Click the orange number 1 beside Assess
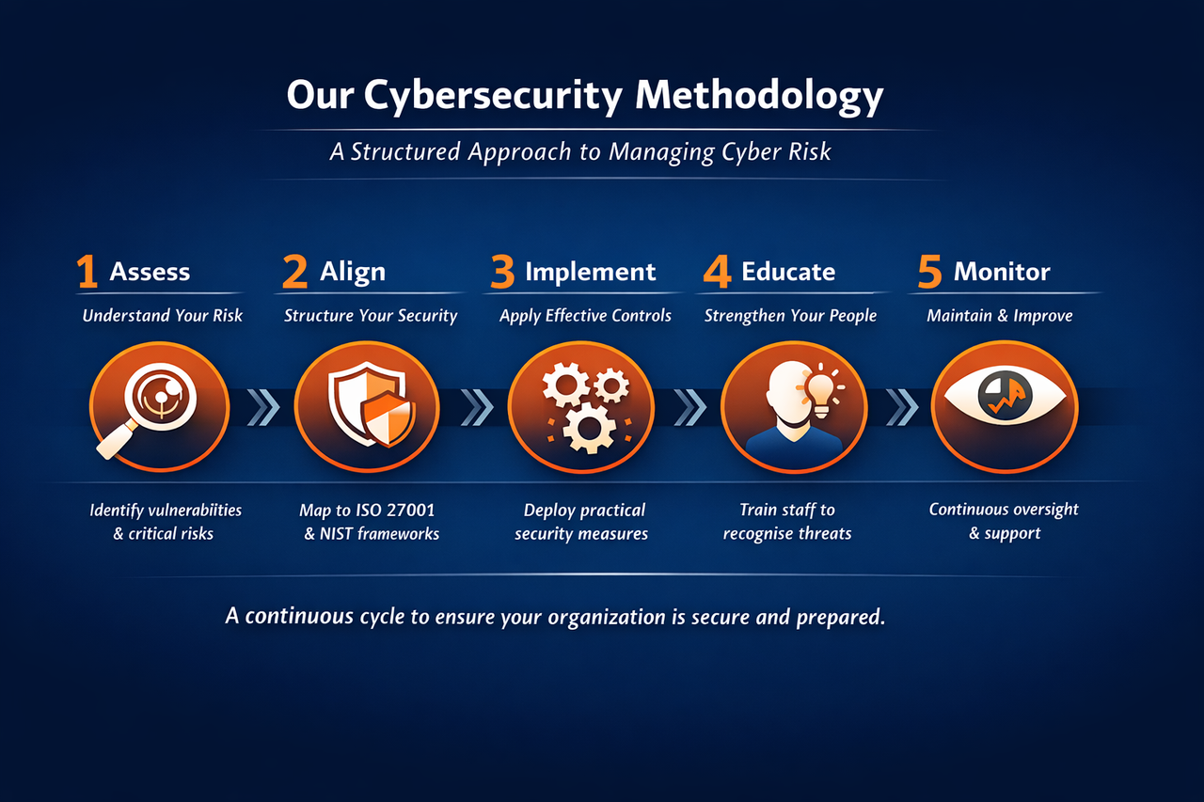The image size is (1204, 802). pyautogui.click(x=87, y=272)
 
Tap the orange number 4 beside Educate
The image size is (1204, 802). pyautogui.click(x=717, y=272)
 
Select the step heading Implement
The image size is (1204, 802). pyautogui.click(x=590, y=272)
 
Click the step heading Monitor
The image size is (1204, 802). pyautogui.click(x=1001, y=272)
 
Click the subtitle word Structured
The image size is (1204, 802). pyautogui.click(x=406, y=151)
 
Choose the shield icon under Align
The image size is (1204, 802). pyautogui.click(x=367, y=406)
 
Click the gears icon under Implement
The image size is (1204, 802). pyautogui.click(x=581, y=407)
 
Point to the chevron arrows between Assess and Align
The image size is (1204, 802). pyautogui.click(x=263, y=407)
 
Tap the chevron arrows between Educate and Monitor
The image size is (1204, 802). pyautogui.click(x=903, y=407)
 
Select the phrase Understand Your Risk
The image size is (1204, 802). pyautogui.click(x=162, y=316)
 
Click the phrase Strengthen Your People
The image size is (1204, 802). pyautogui.click(x=790, y=316)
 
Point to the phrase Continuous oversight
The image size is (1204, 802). pyautogui.click(x=1004, y=510)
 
